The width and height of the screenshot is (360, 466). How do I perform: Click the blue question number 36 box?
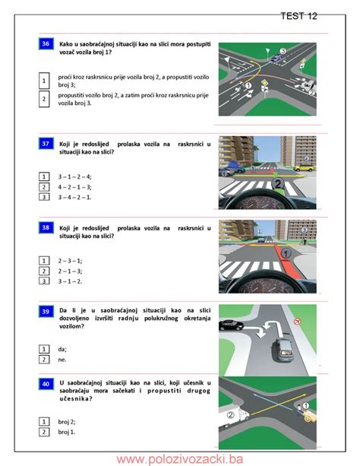46,44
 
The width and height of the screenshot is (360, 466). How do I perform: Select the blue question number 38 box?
46,227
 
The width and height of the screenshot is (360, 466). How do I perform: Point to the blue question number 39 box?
46,312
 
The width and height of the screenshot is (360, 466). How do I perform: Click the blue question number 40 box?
46,385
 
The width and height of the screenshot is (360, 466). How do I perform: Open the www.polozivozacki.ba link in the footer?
179,458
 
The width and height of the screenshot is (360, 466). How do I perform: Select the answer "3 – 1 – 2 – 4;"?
74,176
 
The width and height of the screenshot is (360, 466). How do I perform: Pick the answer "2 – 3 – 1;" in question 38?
70,260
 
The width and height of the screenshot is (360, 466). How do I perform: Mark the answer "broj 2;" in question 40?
67,420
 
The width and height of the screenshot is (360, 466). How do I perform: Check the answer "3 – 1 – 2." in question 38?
70,281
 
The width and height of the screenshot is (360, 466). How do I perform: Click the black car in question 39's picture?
230,325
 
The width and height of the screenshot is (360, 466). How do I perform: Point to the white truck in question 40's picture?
238,414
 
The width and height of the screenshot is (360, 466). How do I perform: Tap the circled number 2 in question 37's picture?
278,183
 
